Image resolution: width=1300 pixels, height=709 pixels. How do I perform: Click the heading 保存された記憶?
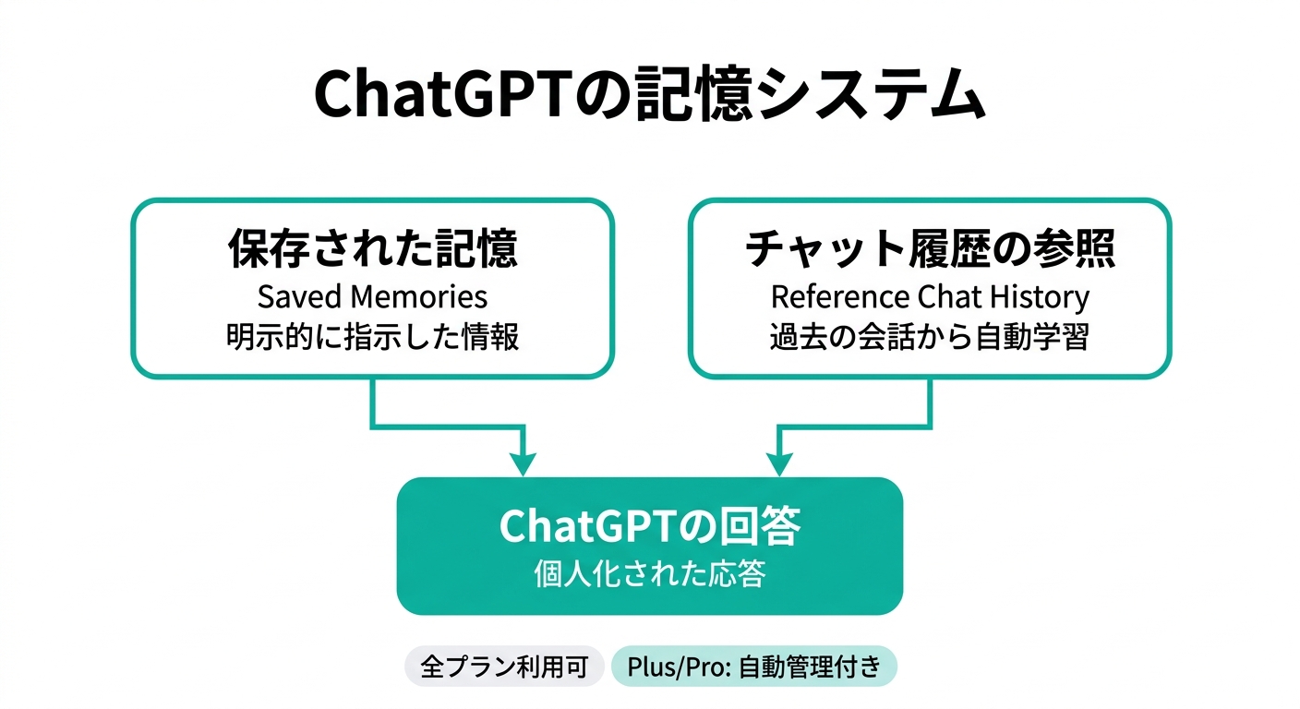[372, 249]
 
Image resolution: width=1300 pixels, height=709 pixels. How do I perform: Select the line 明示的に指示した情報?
[372, 336]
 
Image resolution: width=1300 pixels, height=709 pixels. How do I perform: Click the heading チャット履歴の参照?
[930, 249]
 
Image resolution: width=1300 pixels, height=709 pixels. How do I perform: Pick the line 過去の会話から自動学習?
[930, 336]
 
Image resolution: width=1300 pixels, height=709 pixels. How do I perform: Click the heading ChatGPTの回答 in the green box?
[649, 526]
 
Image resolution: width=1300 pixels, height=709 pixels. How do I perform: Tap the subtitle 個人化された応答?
[649, 574]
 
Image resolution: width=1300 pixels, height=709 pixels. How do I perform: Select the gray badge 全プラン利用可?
[504, 667]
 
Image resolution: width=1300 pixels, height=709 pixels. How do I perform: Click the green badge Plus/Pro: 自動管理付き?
[753, 667]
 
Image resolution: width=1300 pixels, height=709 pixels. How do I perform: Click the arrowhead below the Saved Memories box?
[523, 463]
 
